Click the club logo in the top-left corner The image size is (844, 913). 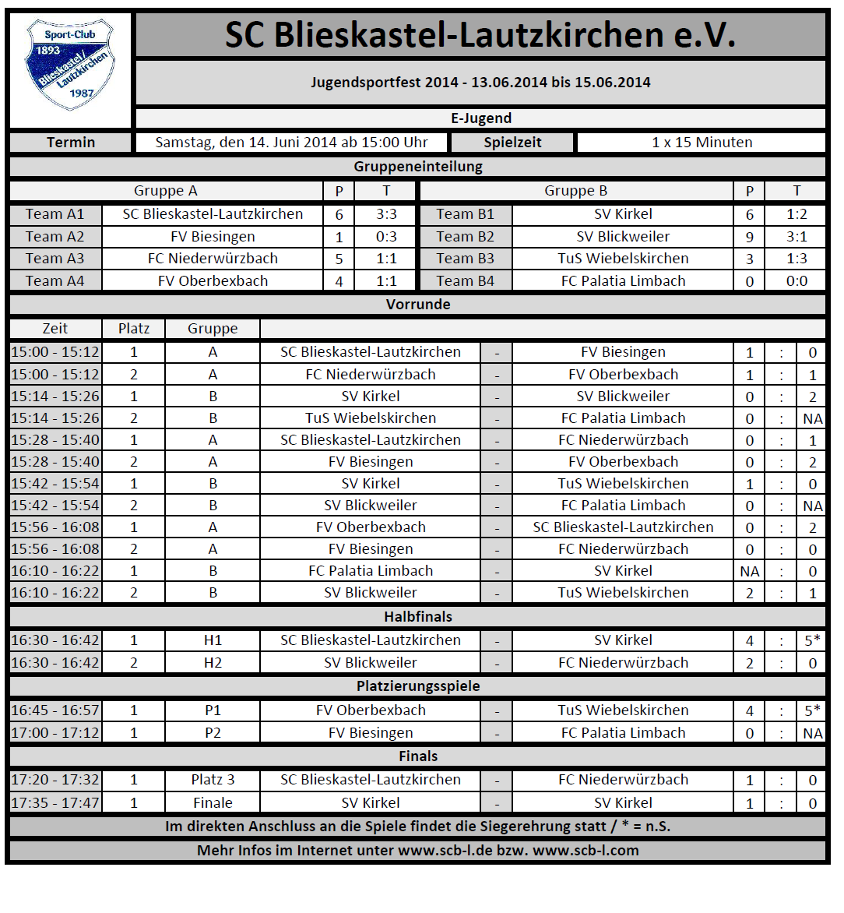(x=70, y=67)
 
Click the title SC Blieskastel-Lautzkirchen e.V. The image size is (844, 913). (x=480, y=35)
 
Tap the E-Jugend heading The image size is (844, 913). (x=480, y=118)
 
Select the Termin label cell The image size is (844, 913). (x=70, y=143)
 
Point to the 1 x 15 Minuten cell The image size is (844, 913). (x=702, y=143)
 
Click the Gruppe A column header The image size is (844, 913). (x=166, y=191)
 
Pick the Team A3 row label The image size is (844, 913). (x=55, y=259)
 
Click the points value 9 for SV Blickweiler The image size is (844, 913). (x=749, y=237)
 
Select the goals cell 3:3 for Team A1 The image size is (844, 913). (x=386, y=214)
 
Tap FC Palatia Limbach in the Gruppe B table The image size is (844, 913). (x=623, y=281)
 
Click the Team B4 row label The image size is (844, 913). (x=465, y=281)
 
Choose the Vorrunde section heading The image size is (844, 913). (x=418, y=304)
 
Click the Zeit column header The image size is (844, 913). (x=55, y=329)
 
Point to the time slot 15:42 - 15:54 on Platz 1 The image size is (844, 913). (x=55, y=484)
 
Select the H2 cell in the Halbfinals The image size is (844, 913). (x=213, y=663)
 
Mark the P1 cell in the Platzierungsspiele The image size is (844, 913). (x=213, y=710)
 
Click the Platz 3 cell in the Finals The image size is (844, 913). (x=213, y=780)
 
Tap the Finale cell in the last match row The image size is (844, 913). (x=213, y=803)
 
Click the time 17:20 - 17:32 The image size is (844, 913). (x=55, y=780)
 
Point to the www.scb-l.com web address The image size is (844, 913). (x=586, y=851)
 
